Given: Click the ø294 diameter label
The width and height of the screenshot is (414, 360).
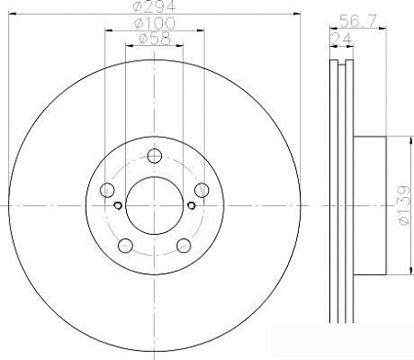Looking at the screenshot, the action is [155, 6].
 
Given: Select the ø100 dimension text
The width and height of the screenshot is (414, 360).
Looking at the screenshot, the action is [155, 23].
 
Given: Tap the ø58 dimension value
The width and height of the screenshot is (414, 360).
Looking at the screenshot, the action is [155, 39].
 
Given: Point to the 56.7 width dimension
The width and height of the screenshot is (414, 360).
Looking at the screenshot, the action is [358, 20].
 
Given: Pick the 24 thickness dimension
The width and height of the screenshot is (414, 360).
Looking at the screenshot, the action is [341, 39].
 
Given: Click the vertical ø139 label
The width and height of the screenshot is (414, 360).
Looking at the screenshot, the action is [405, 204].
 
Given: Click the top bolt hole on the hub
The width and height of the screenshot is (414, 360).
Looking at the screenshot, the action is [155, 156].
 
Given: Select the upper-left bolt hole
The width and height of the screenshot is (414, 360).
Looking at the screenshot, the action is [107, 190].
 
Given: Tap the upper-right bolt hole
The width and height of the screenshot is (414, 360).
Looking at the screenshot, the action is [201, 190].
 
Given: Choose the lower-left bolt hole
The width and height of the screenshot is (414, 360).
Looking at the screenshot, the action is [125, 246].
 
